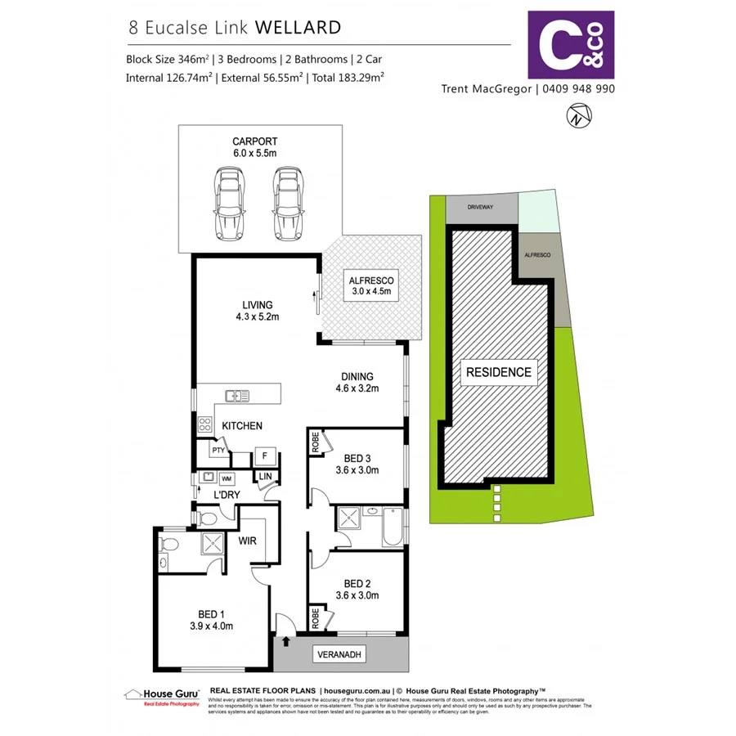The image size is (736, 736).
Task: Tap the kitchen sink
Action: tap(238, 397)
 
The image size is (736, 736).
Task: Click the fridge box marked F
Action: tap(264, 455)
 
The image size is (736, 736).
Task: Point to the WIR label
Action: tap(249, 541)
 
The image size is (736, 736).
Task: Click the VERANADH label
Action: tap(339, 655)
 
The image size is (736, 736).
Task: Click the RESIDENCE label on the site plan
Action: tap(498, 372)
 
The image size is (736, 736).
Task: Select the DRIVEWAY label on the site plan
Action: tap(480, 208)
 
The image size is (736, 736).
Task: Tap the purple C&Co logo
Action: tap(571, 44)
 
